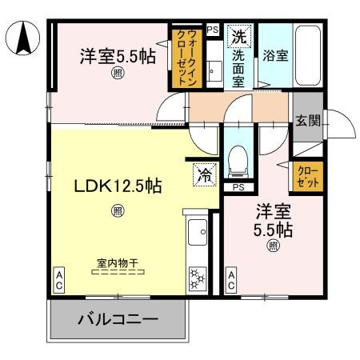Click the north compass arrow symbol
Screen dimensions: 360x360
coord(23,36)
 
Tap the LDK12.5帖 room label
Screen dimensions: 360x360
coord(118,186)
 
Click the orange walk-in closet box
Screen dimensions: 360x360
coord(178,58)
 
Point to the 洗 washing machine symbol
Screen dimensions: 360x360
coord(238,36)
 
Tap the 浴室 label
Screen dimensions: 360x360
coord(274,55)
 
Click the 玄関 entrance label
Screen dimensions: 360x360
coord(307,122)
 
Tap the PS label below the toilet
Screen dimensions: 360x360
coord(238,187)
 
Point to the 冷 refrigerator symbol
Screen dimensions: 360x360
coord(203,174)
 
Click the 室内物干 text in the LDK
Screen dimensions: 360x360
coord(118,262)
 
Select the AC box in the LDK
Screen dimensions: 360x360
coord(59,280)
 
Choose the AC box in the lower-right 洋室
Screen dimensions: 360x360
coord(231,280)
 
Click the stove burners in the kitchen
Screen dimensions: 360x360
coord(196,280)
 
